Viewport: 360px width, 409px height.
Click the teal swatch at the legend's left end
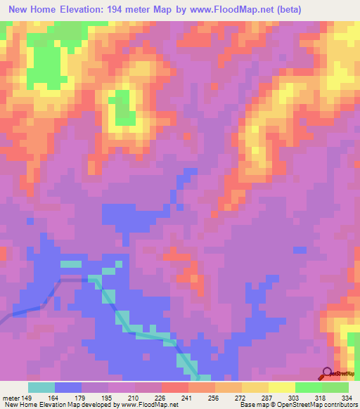click(41, 387)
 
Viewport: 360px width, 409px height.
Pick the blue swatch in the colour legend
click(68, 387)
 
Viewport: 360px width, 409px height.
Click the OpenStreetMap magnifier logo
click(328, 373)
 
